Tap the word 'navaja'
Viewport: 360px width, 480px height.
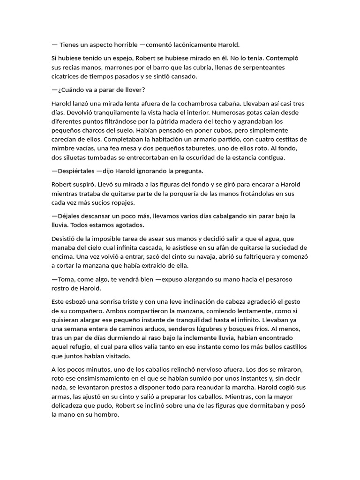tap(187, 256)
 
